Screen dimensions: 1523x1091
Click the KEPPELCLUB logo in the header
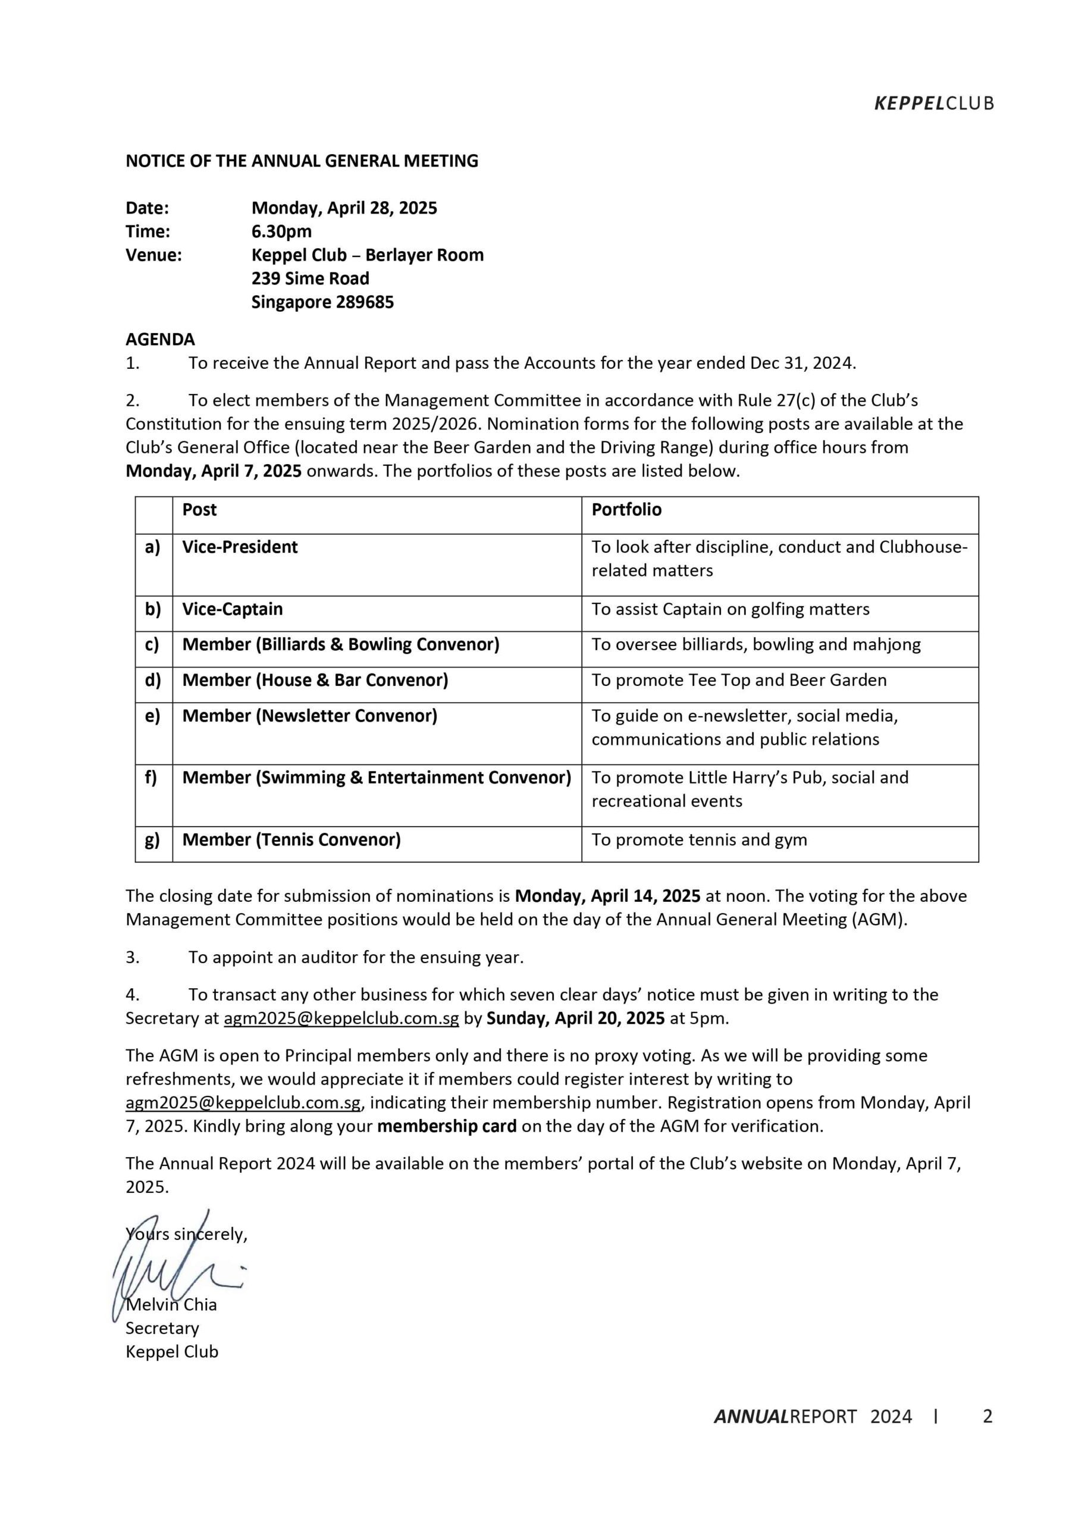coord(933,104)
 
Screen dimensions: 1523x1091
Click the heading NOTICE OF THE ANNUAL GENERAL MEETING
coord(302,161)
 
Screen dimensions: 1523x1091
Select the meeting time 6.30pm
coord(281,231)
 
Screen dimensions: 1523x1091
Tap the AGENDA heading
coord(160,339)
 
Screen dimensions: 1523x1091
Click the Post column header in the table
coord(199,510)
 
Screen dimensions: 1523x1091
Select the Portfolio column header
coord(626,510)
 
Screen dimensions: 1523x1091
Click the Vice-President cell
coord(240,547)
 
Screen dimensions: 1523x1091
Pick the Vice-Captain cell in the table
coord(233,609)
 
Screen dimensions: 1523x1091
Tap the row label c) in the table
coord(152,645)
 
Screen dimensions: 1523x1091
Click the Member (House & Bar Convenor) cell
coord(315,680)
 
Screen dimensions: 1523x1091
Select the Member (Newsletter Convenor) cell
coord(309,716)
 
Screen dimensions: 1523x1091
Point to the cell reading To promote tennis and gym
coord(699,840)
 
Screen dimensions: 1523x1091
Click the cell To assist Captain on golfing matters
coord(730,609)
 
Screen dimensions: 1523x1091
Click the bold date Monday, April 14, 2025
coord(607,896)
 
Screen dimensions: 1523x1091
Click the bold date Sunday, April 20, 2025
coord(575,1018)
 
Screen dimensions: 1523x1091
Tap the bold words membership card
coord(447,1126)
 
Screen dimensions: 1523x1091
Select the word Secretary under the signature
coord(162,1328)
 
